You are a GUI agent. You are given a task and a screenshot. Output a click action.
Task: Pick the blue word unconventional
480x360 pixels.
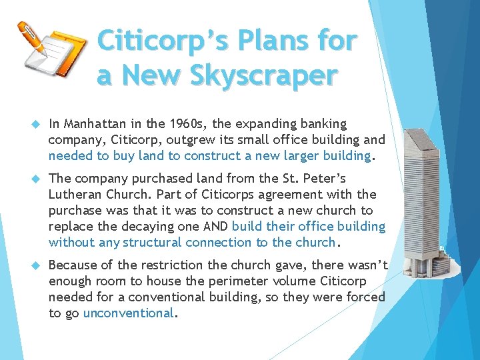(x=128, y=313)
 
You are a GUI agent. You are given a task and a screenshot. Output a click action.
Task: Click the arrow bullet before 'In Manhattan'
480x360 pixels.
(x=36, y=125)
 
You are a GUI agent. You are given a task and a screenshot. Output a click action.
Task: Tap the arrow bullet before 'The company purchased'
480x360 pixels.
(x=36, y=179)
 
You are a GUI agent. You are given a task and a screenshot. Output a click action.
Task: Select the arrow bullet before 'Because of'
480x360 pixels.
(x=36, y=266)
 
